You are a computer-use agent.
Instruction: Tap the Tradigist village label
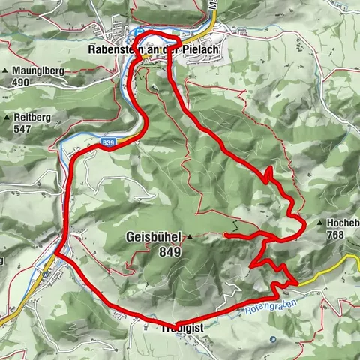[x=181, y=328]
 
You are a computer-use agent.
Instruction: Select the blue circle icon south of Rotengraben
[x=272, y=339]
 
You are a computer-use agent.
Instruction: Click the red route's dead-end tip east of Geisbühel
[x=226, y=235]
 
